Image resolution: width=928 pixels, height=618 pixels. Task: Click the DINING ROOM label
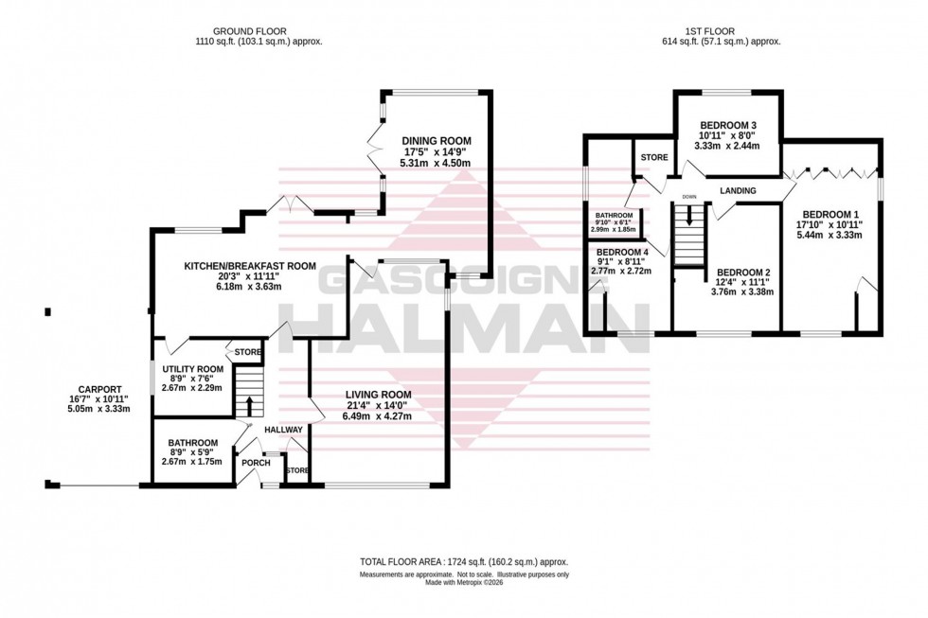pos(436,141)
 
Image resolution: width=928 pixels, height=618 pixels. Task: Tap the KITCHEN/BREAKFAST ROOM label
pos(249,266)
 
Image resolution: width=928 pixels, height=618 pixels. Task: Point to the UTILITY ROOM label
pos(192,369)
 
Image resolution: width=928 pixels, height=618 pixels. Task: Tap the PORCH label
pos(256,463)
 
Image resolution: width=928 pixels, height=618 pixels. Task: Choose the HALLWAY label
pos(283,430)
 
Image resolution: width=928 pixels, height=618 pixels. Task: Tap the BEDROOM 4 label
pos(620,251)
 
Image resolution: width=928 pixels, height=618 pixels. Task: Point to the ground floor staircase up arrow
pos(249,405)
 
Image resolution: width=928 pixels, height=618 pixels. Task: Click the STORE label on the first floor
pos(653,157)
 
